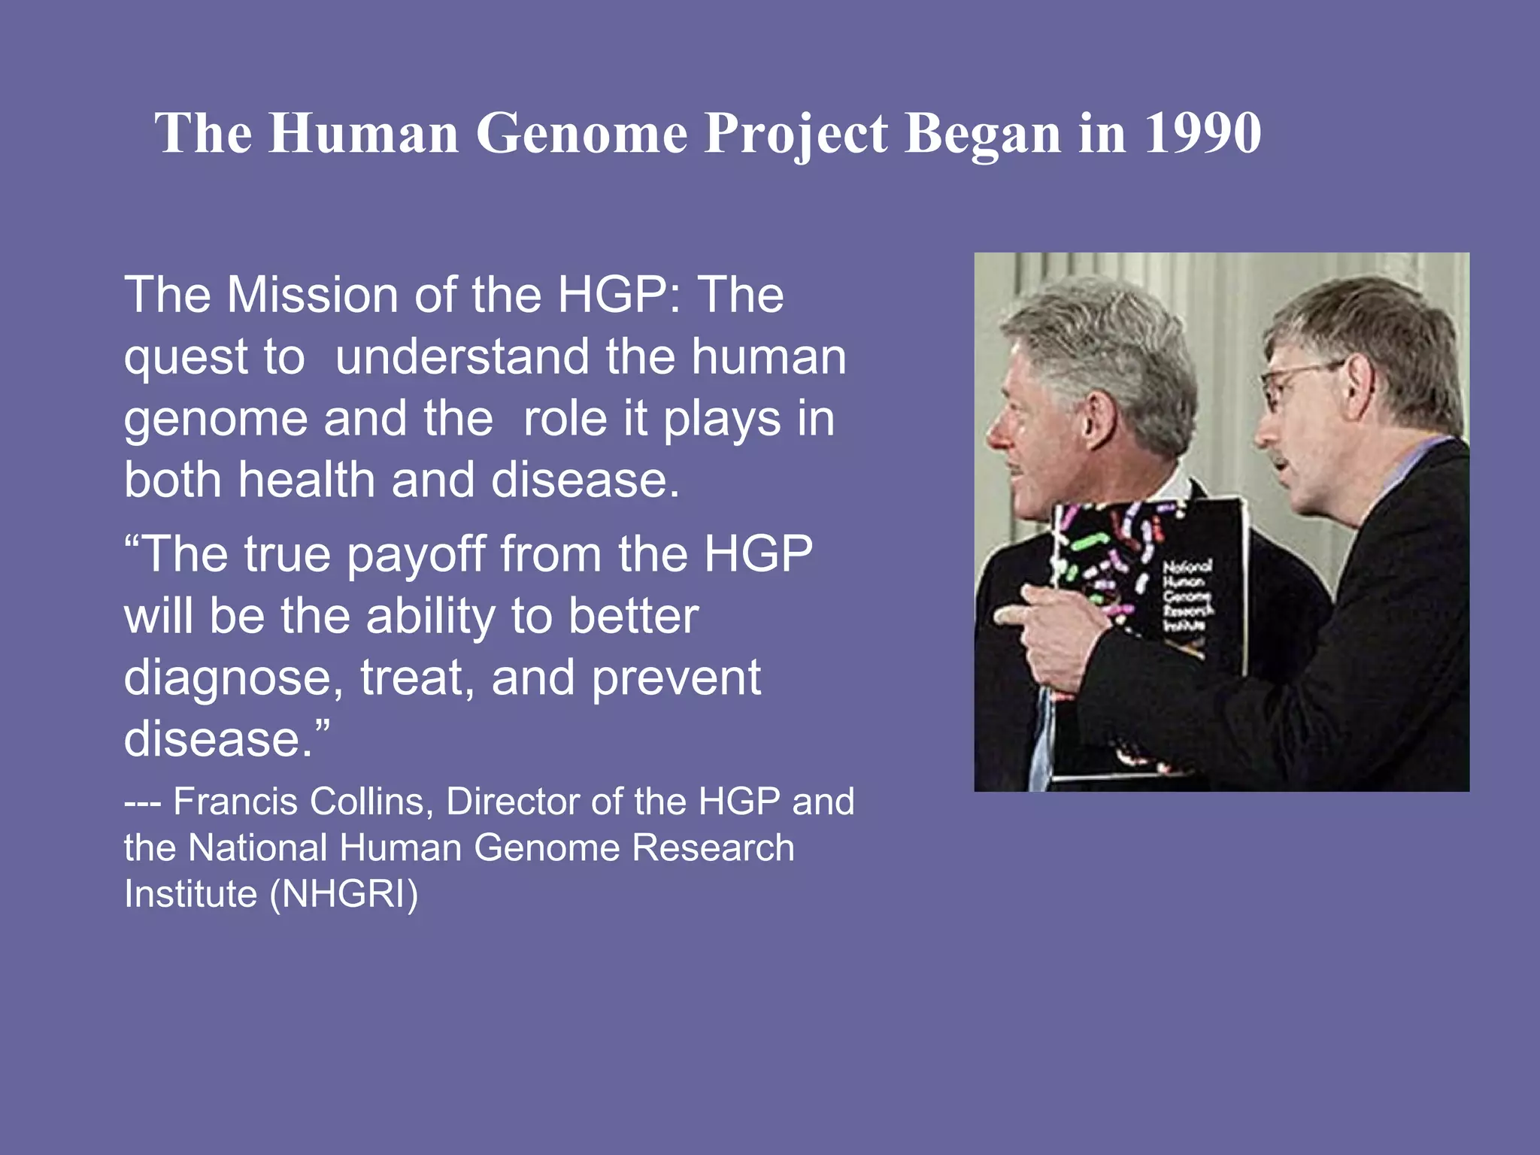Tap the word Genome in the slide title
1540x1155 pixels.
coord(581,133)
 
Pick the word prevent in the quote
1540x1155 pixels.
coord(676,678)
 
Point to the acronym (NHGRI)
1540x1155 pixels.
coord(344,894)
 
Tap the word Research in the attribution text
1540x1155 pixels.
coord(713,847)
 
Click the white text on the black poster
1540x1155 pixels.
coord(1187,594)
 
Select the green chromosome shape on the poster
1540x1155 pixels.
coord(1083,541)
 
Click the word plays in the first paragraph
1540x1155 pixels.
coord(721,419)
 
